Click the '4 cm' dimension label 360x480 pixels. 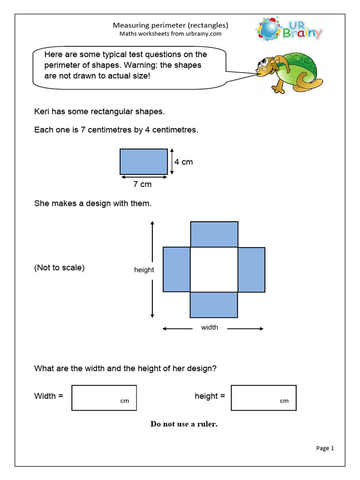[183, 162]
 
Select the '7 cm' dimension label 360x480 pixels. [142, 184]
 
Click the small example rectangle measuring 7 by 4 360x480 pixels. [143, 162]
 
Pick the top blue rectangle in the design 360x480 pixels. [214, 234]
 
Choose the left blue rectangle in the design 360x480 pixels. [176, 270]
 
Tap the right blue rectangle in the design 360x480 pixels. [251, 270]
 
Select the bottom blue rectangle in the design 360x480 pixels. [214, 305]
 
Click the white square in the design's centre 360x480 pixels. [214, 270]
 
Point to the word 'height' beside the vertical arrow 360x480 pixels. [144, 270]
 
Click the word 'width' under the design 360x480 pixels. [210, 327]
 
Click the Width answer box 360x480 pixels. [104, 398]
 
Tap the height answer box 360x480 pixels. [263, 398]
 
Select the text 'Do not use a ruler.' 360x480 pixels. [184, 424]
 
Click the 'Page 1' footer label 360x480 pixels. [325, 448]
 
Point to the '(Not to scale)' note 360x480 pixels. [60, 268]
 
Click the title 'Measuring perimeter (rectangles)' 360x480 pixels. [170, 25]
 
